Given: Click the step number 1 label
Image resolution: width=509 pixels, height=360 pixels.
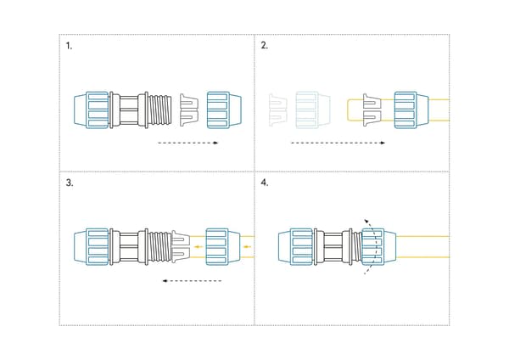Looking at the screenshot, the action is pyautogui.click(x=69, y=46).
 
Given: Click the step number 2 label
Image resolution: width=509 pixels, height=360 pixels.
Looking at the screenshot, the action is pyautogui.click(x=264, y=46).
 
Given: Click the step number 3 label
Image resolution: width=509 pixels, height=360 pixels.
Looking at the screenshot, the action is pyautogui.click(x=70, y=183).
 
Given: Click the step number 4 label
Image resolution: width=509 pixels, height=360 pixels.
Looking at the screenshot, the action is pyautogui.click(x=265, y=183).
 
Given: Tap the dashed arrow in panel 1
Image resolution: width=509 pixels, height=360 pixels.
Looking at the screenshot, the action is pyautogui.click(x=188, y=143).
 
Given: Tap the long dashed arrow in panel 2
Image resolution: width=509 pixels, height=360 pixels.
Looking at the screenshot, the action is pyautogui.click(x=338, y=143).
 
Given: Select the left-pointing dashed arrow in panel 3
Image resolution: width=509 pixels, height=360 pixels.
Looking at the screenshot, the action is pyautogui.click(x=192, y=281).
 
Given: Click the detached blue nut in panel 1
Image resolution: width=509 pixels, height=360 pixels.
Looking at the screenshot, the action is pyautogui.click(x=224, y=110).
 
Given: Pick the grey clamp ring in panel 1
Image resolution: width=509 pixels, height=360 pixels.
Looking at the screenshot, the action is pyautogui.click(x=189, y=110).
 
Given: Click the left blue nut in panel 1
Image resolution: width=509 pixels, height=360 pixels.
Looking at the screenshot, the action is pyautogui.click(x=92, y=110).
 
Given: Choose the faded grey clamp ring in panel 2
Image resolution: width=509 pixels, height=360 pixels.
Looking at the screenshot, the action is pyautogui.click(x=278, y=110).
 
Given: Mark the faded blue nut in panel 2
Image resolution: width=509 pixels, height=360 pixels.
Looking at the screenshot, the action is pyautogui.click(x=313, y=110).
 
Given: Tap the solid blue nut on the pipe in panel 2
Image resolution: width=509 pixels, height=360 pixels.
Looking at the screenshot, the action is pyautogui.click(x=411, y=110).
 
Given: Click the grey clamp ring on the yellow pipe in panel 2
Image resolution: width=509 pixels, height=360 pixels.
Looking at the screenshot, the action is pyautogui.click(x=372, y=110).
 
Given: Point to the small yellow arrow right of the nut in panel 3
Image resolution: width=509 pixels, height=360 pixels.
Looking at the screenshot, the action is pyautogui.click(x=247, y=246).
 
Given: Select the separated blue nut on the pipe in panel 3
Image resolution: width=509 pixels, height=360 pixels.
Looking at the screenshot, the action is pyautogui.click(x=223, y=247).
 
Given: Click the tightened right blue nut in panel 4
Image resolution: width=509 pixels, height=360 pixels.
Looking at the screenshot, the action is pyautogui.click(x=379, y=247).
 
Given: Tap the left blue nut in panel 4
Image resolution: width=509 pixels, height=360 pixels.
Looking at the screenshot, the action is pyautogui.click(x=296, y=247).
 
